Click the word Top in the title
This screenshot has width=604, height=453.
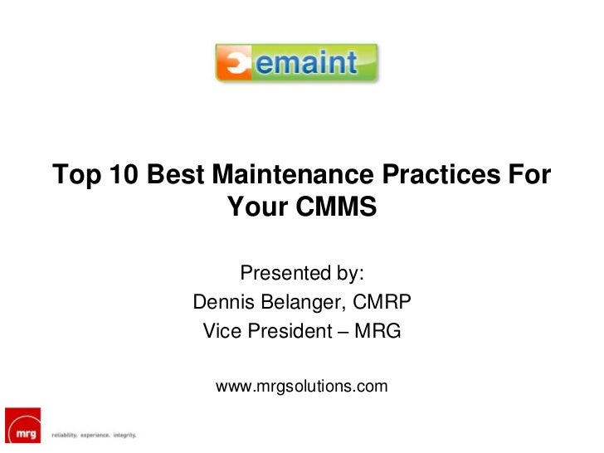coord(76,175)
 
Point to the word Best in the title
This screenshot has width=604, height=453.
coord(177,175)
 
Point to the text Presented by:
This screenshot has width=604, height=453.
coord(302,273)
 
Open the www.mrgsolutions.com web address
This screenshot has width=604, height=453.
coord(302,386)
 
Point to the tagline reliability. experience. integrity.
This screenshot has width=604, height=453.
coord(93,435)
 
